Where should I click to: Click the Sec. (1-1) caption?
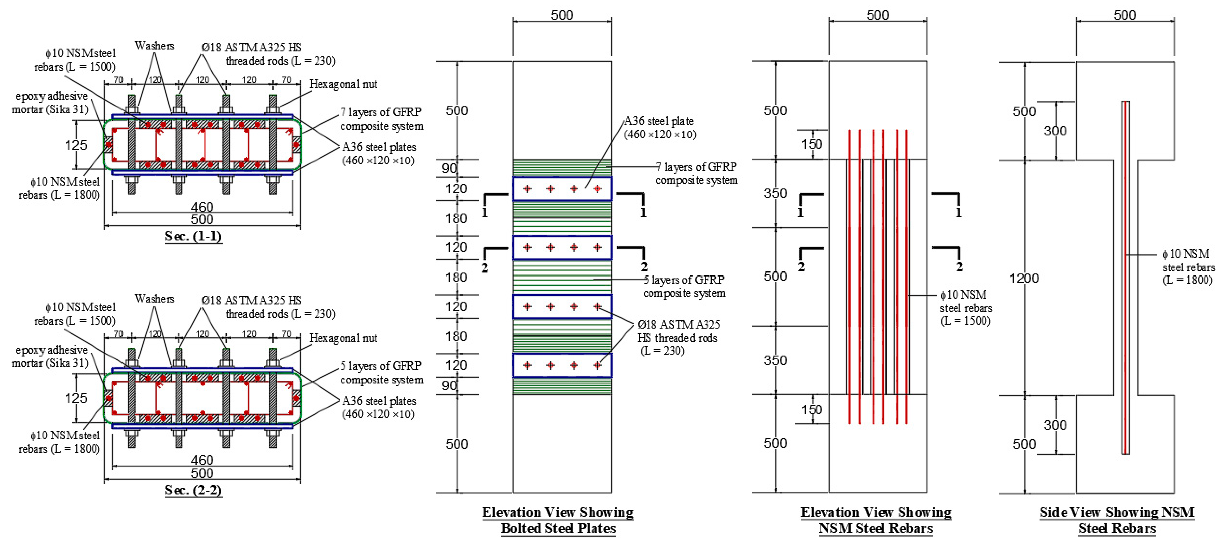coord(193,236)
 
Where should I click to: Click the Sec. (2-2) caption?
coord(193,490)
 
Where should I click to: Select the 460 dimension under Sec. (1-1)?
coord(202,207)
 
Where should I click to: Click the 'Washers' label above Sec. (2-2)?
coord(154,299)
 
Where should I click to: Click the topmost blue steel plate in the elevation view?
coord(562,189)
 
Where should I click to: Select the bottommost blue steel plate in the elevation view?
coord(562,365)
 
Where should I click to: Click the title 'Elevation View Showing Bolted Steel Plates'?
coord(558,520)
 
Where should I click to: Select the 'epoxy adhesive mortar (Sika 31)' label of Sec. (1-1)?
coord(51,103)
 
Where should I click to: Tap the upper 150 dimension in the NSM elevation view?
coord(812,144)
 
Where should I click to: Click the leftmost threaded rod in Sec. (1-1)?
coord(132,144)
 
